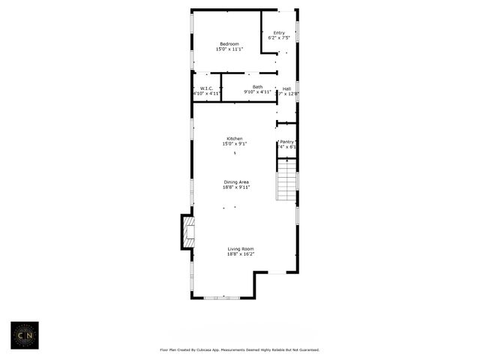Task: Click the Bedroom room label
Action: pyautogui.click(x=229, y=43)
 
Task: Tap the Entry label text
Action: pyautogui.click(x=279, y=32)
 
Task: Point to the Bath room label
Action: pyautogui.click(x=257, y=87)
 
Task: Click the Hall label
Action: pyautogui.click(x=286, y=88)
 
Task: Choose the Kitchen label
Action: pyautogui.click(x=235, y=138)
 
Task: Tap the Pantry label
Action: pyautogui.click(x=286, y=141)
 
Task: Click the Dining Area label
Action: pyautogui.click(x=236, y=181)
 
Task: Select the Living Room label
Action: pyautogui.click(x=241, y=248)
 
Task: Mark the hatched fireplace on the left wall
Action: pyautogui.click(x=188, y=232)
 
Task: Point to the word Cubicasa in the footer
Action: pyautogui.click(x=218, y=349)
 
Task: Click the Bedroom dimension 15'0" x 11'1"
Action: pyautogui.click(x=229, y=49)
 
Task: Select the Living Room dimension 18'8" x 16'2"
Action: pyautogui.click(x=241, y=253)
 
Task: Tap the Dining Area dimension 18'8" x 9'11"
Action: pyautogui.click(x=236, y=187)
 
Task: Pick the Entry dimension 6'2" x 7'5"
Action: pyautogui.click(x=279, y=37)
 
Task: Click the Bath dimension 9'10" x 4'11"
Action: pyautogui.click(x=257, y=93)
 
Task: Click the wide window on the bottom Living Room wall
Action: pyautogui.click(x=222, y=298)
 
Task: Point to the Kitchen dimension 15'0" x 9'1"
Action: pyautogui.click(x=235, y=143)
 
